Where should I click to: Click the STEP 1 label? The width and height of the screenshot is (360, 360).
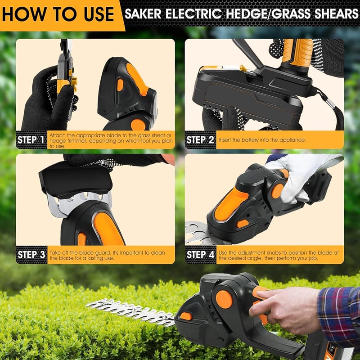[31, 140]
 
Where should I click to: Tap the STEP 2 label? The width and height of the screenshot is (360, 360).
[200, 140]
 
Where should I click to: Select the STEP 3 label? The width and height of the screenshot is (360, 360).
[31, 255]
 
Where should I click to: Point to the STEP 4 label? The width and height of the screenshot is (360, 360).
[200, 255]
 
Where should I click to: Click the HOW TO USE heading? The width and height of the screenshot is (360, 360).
[58, 14]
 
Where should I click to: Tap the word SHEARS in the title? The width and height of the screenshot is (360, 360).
[336, 14]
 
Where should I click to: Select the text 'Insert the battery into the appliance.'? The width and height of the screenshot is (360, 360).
[262, 140]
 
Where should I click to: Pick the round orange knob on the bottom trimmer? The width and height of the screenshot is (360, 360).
[224, 299]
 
